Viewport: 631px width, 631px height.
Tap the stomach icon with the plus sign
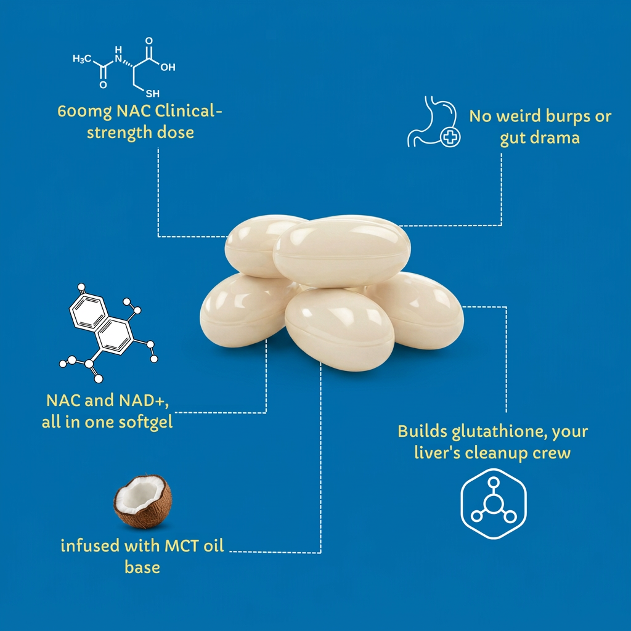(x=435, y=121)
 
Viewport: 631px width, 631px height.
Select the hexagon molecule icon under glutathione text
(x=494, y=504)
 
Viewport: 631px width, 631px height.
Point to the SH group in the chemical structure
(x=151, y=94)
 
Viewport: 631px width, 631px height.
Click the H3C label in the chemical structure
(x=81, y=59)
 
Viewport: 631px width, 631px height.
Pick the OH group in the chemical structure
(x=168, y=67)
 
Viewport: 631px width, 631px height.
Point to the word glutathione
(x=485, y=431)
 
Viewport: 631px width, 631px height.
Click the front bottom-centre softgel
(x=340, y=328)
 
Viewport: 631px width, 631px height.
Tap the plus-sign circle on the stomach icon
(x=451, y=137)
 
